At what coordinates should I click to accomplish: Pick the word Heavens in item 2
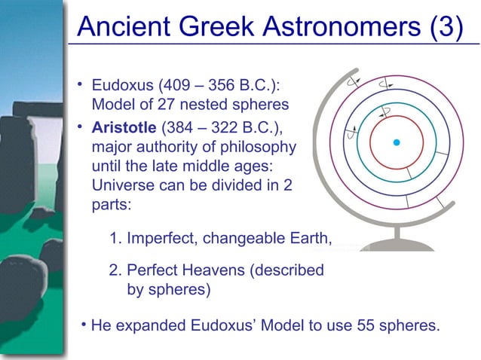tap(206, 270)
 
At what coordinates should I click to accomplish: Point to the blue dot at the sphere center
tap(396, 142)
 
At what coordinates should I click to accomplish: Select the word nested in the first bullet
tap(200, 103)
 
